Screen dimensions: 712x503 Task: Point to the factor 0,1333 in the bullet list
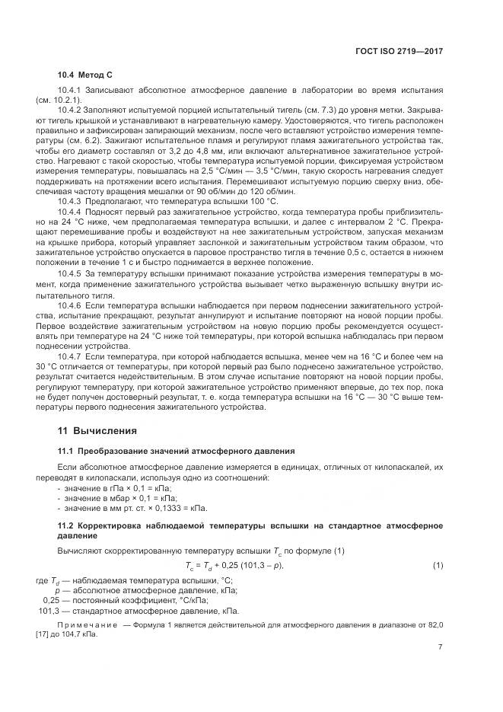click(166, 508)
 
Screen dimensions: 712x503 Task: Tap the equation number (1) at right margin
click(438, 565)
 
